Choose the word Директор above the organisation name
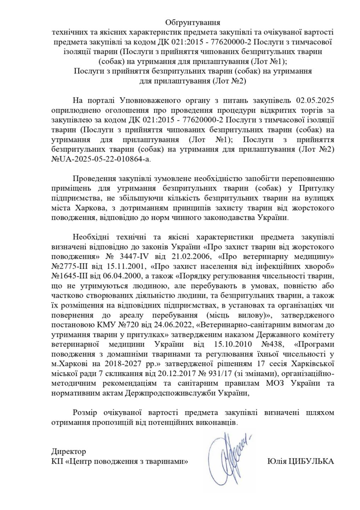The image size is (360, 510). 68,452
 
